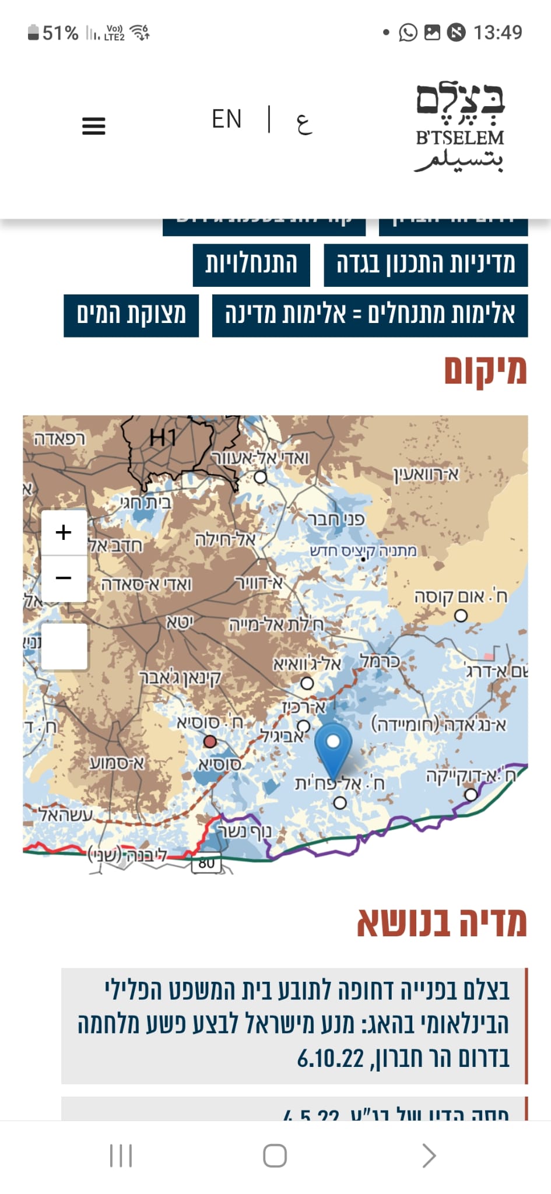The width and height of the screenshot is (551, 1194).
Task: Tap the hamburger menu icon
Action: point(93,126)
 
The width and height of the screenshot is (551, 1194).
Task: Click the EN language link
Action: point(226,120)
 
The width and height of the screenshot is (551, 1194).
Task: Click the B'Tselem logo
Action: point(459,128)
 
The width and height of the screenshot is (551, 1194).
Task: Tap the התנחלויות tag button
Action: point(251,264)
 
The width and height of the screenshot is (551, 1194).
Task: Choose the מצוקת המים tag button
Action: point(131,315)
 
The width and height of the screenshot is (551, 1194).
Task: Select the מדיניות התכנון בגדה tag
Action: point(426,264)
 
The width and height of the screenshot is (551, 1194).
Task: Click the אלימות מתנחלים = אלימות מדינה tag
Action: point(370,315)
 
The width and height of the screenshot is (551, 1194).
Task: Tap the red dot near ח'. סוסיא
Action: point(210,742)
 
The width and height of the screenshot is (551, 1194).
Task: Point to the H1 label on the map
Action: point(163,437)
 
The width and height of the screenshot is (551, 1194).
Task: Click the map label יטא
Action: point(180,623)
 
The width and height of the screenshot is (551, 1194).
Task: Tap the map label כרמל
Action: point(379,662)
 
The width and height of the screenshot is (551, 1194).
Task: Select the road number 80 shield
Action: point(206,863)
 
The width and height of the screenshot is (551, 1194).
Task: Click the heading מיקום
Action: point(485,371)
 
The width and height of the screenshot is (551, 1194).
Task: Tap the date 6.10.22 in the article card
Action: point(331,1058)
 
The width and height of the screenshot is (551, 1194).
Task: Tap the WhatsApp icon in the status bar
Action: point(408,32)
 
